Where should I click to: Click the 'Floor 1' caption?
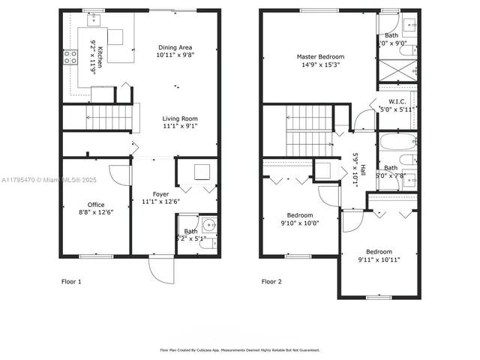(71, 282)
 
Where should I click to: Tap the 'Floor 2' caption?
(271, 282)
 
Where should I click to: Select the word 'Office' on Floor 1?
(95, 204)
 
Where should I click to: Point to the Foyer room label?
(160, 194)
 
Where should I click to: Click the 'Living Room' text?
(180, 118)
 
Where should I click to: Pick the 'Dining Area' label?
(174, 46)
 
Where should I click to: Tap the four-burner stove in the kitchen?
(70, 57)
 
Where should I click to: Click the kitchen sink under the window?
(94, 19)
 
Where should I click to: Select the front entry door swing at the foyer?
(161, 271)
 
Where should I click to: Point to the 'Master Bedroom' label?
(319, 57)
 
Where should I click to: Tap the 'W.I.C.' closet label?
(397, 101)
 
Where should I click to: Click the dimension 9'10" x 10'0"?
(299, 223)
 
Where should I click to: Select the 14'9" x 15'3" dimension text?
(319, 65)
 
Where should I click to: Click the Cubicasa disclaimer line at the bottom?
(240, 350)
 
